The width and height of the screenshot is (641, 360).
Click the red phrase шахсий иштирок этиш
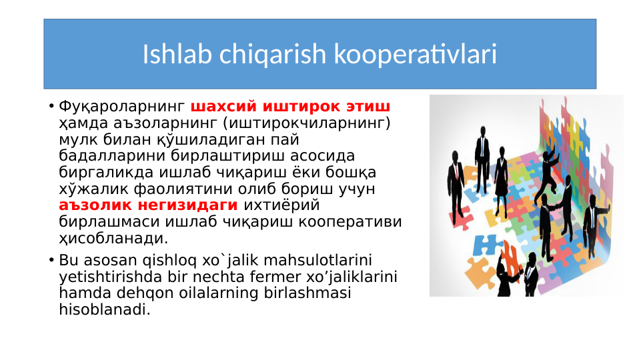(290, 107)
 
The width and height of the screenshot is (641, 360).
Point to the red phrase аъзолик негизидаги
(148, 205)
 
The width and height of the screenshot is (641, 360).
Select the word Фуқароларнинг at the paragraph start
(122, 107)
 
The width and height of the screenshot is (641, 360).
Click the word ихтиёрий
(281, 205)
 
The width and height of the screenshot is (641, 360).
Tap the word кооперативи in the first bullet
(361, 221)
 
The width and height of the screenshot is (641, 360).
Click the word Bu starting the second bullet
(68, 260)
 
